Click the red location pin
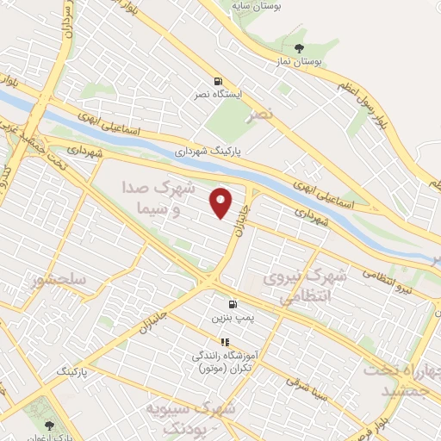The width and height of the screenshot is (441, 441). tap(222, 203)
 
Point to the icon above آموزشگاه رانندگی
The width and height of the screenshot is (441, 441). tap(226, 342)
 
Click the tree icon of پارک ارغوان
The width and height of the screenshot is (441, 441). tap(48, 425)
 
